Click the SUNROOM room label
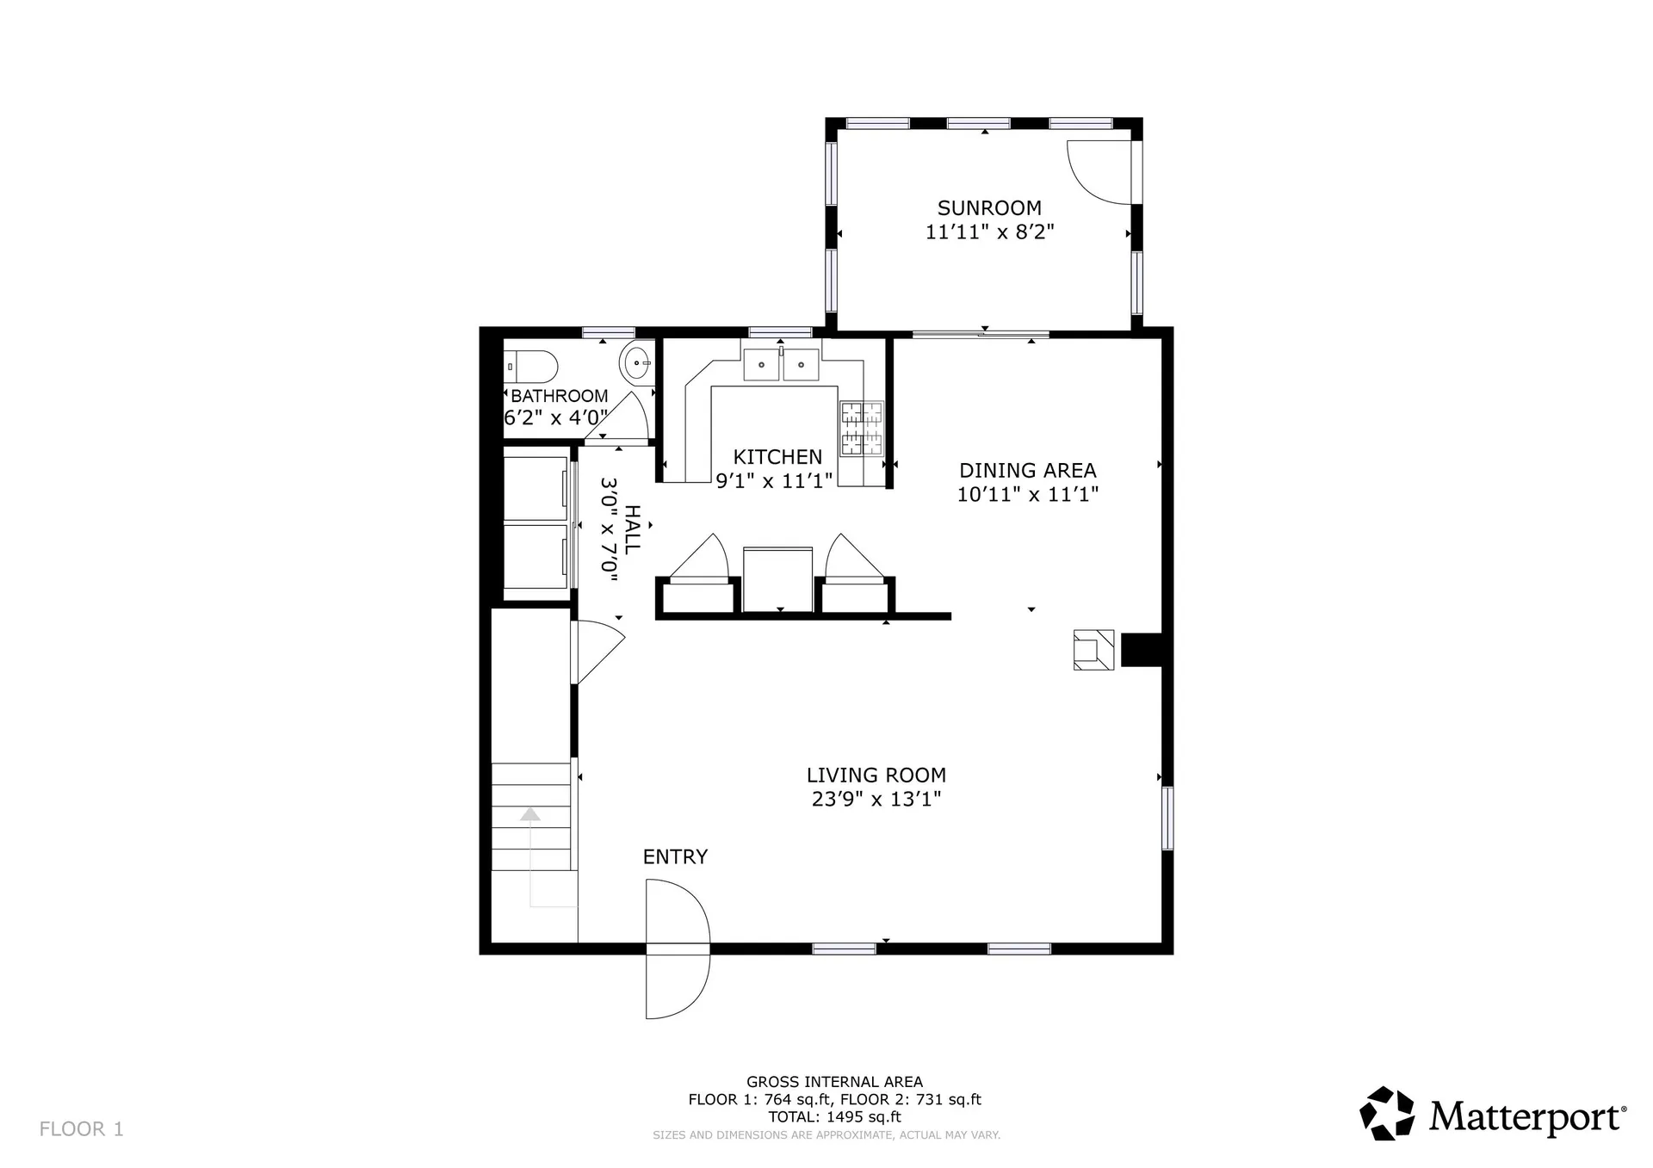[989, 208]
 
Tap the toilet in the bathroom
[531, 368]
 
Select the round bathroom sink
[636, 364]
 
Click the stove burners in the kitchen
[862, 428]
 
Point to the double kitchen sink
[781, 365]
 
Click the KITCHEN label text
[777, 457]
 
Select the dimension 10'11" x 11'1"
[1028, 494]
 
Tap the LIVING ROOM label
[876, 775]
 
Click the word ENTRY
[675, 856]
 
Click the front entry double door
[678, 949]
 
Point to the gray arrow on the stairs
[530, 814]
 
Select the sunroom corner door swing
[1098, 172]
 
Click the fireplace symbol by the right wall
[1093, 650]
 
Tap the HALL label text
[632, 530]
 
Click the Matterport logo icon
[1387, 1113]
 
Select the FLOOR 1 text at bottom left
[82, 1128]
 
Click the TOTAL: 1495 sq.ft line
[834, 1117]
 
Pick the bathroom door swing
[630, 417]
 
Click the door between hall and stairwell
[596, 652]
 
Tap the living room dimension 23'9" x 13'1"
[876, 799]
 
